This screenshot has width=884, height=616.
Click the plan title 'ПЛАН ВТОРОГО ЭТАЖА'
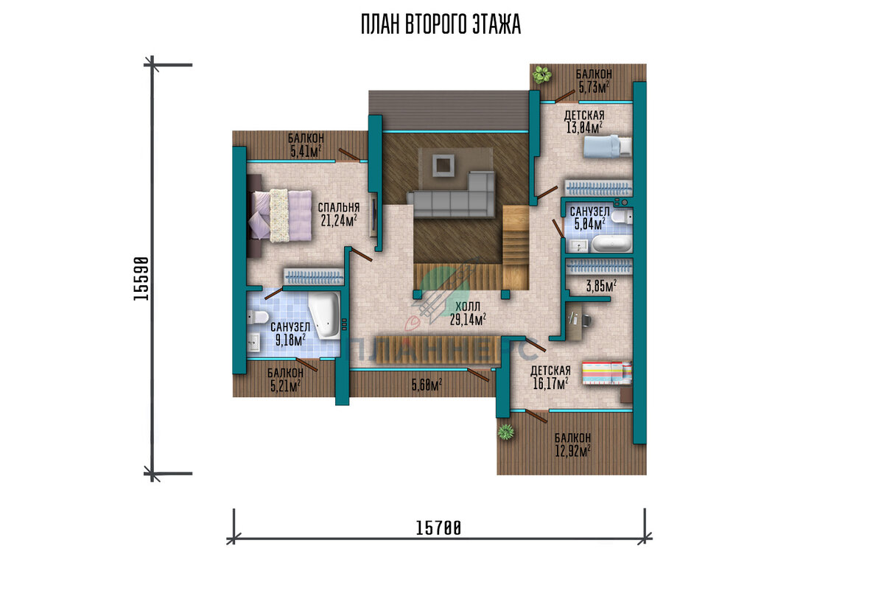[x=441, y=24]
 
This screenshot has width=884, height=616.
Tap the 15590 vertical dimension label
[x=141, y=279]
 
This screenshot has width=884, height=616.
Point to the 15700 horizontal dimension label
[x=438, y=528]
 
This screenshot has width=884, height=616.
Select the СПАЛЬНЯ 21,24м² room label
[x=339, y=214]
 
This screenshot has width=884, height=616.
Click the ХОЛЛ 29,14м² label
[x=468, y=313]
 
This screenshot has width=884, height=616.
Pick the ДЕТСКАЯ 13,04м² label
[x=584, y=122]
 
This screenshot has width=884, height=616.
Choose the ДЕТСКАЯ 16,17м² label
[x=550, y=377]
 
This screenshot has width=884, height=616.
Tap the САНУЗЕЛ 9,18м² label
[x=290, y=334]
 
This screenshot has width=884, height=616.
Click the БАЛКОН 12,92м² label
[x=572, y=444]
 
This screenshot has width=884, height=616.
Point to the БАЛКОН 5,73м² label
[x=594, y=81]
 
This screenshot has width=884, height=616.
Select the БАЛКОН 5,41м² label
[x=306, y=145]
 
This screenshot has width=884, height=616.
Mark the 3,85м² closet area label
[x=601, y=286]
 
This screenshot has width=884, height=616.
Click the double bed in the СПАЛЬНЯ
[x=279, y=215]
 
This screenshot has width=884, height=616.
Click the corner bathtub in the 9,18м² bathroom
[x=323, y=315]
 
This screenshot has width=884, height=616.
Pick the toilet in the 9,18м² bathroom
[x=257, y=317]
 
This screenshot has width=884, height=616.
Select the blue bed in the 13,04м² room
[x=607, y=147]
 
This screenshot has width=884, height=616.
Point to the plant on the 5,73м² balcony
[x=542, y=74]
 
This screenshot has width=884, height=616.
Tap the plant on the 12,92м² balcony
[x=506, y=431]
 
